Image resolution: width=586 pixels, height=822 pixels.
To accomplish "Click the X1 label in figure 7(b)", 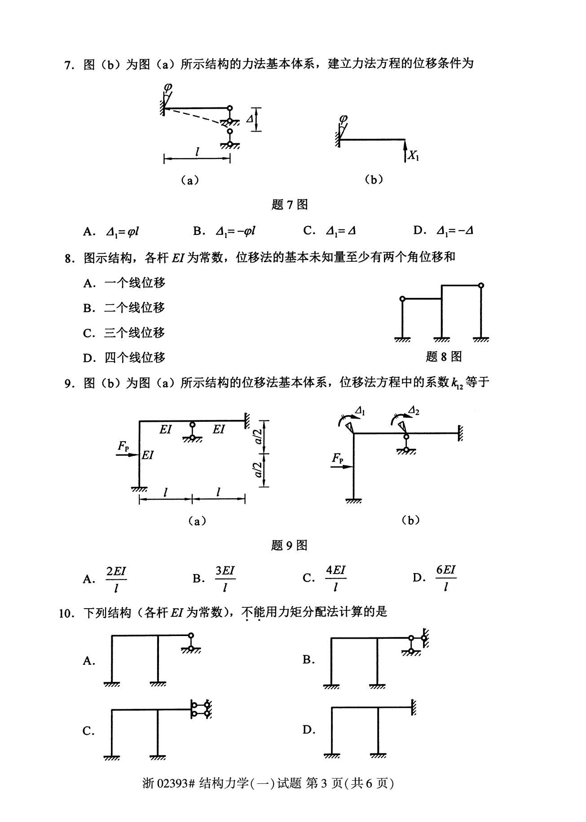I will click(414, 156).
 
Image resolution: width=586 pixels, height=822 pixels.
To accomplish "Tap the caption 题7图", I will click(290, 205).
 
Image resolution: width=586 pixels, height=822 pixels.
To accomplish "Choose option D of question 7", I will click(444, 231).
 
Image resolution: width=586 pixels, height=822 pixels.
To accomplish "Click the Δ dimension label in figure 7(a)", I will click(250, 119).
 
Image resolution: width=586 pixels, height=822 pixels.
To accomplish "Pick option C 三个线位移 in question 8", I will click(124, 333).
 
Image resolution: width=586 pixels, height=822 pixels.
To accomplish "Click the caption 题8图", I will click(444, 357).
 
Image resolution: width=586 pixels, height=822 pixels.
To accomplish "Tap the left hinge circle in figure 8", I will click(402, 299).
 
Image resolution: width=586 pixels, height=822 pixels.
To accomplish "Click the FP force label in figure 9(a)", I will click(123, 446).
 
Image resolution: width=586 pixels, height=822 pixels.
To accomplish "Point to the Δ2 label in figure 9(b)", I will click(414, 410).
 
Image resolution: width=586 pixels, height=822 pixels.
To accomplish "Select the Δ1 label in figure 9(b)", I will click(361, 410).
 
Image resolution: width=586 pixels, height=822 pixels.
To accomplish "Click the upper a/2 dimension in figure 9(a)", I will click(259, 436).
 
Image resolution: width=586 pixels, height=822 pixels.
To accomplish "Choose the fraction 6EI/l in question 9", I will click(446, 578).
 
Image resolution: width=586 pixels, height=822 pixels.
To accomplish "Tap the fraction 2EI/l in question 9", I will click(116, 579).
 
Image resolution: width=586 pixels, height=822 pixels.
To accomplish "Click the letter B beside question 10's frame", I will click(308, 660).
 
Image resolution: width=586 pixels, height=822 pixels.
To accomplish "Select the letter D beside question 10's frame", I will click(308, 730).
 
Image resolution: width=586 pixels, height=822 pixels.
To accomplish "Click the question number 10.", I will click(66, 613).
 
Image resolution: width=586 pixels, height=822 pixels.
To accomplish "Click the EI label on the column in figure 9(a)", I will click(148, 455).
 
